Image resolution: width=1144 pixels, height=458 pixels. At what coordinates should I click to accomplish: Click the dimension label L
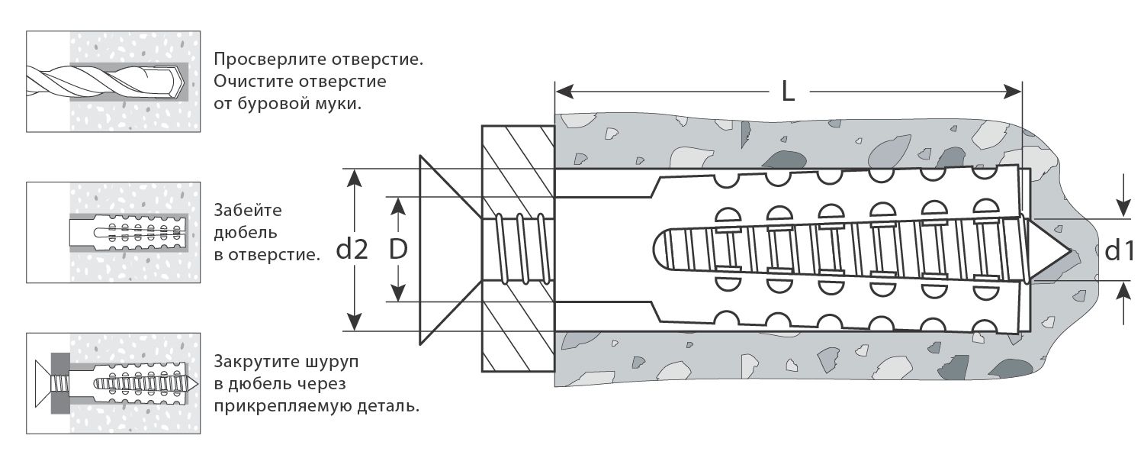coord(789,92)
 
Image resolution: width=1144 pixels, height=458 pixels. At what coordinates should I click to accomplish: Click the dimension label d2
coord(352,250)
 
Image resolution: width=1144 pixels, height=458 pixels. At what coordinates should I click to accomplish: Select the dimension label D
coord(397,250)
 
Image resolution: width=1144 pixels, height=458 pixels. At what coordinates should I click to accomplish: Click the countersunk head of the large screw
coord(446,250)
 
